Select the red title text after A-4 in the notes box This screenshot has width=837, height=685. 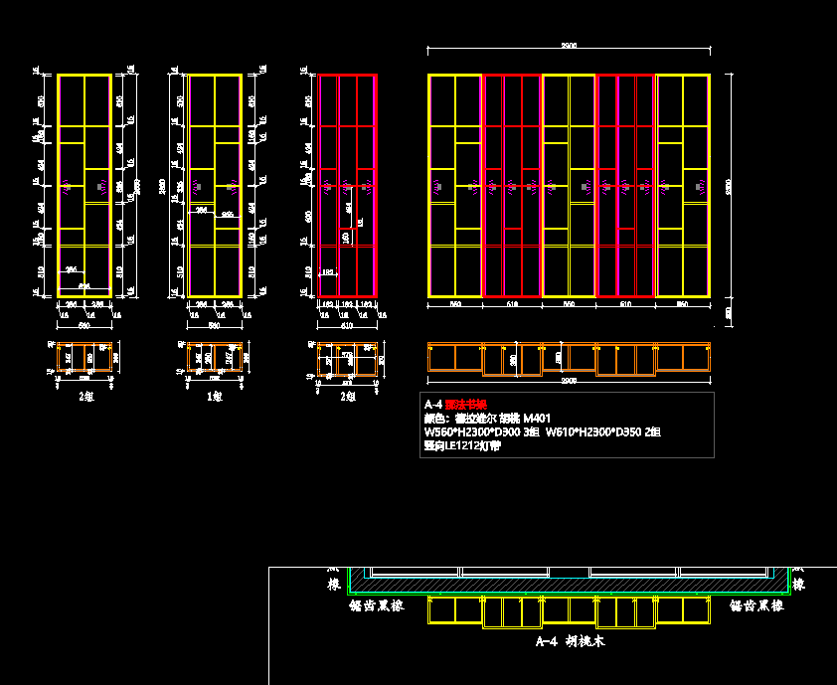pos(466,405)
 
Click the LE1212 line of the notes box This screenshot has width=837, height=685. pos(462,446)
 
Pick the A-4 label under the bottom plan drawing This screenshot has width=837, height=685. pos(546,642)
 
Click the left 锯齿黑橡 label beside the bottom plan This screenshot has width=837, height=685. pos(376,604)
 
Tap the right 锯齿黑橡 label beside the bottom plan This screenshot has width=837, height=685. pos(756,604)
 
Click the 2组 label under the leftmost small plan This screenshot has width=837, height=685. pos(85,396)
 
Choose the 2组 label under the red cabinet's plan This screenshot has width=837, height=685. pos(346,396)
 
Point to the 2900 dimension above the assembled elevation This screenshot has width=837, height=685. pos(569,46)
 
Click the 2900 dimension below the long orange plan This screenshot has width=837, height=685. pos(569,381)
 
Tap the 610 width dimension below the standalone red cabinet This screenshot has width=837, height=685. pos(347,324)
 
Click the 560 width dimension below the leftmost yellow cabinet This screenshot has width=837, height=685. pos(84,324)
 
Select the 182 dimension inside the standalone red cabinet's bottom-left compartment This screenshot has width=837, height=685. pos(328,271)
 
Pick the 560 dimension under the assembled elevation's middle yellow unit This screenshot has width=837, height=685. pos(569,303)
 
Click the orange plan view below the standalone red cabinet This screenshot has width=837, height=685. pos(347,360)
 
